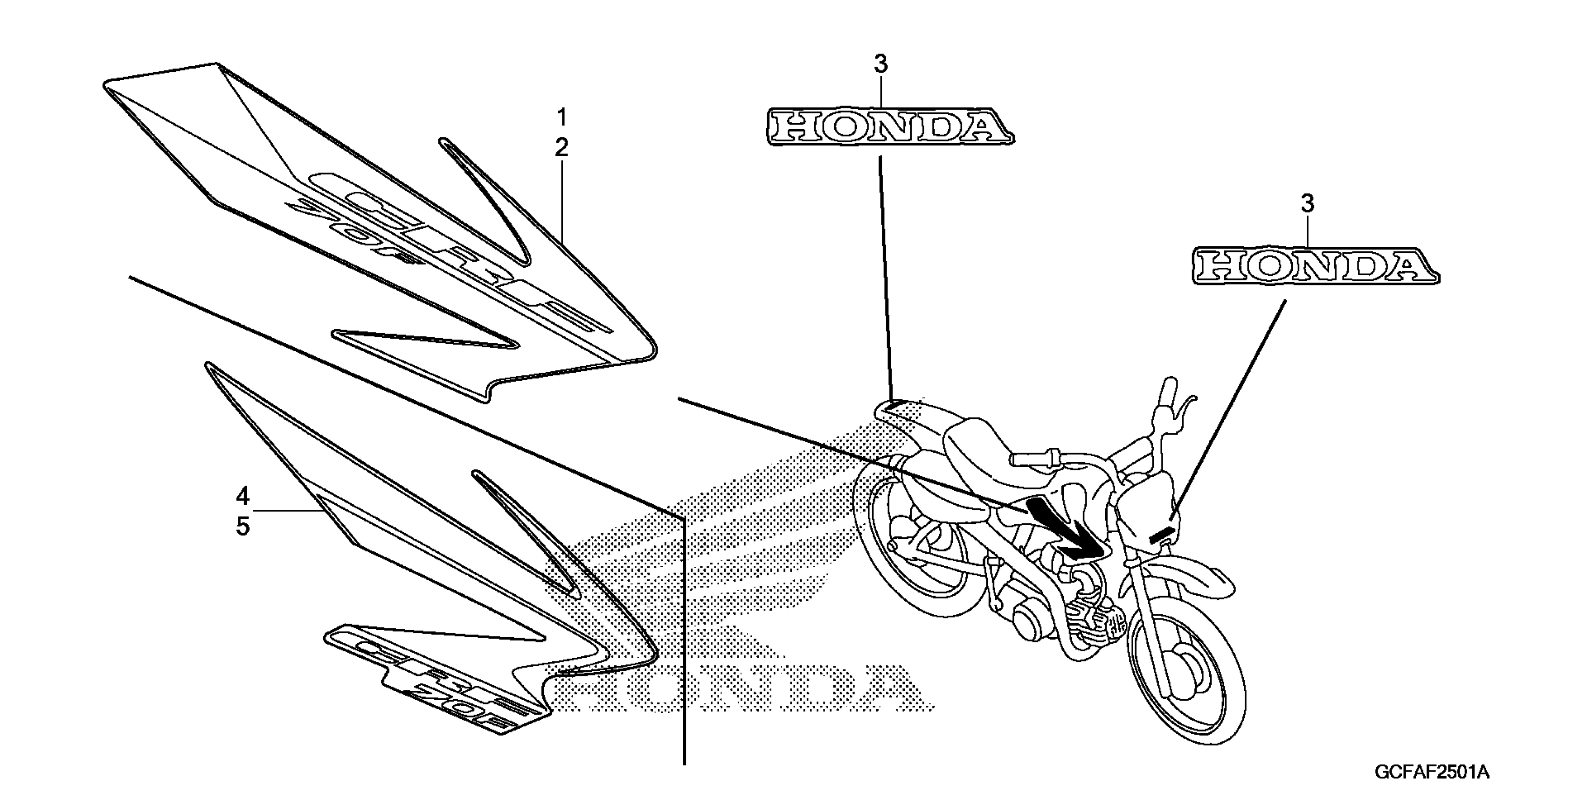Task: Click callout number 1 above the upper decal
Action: [561, 117]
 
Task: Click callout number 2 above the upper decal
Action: [561, 148]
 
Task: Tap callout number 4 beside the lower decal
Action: [243, 495]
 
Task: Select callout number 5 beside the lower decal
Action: [243, 527]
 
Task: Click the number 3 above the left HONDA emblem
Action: [881, 64]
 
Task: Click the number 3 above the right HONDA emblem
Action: [1307, 203]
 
